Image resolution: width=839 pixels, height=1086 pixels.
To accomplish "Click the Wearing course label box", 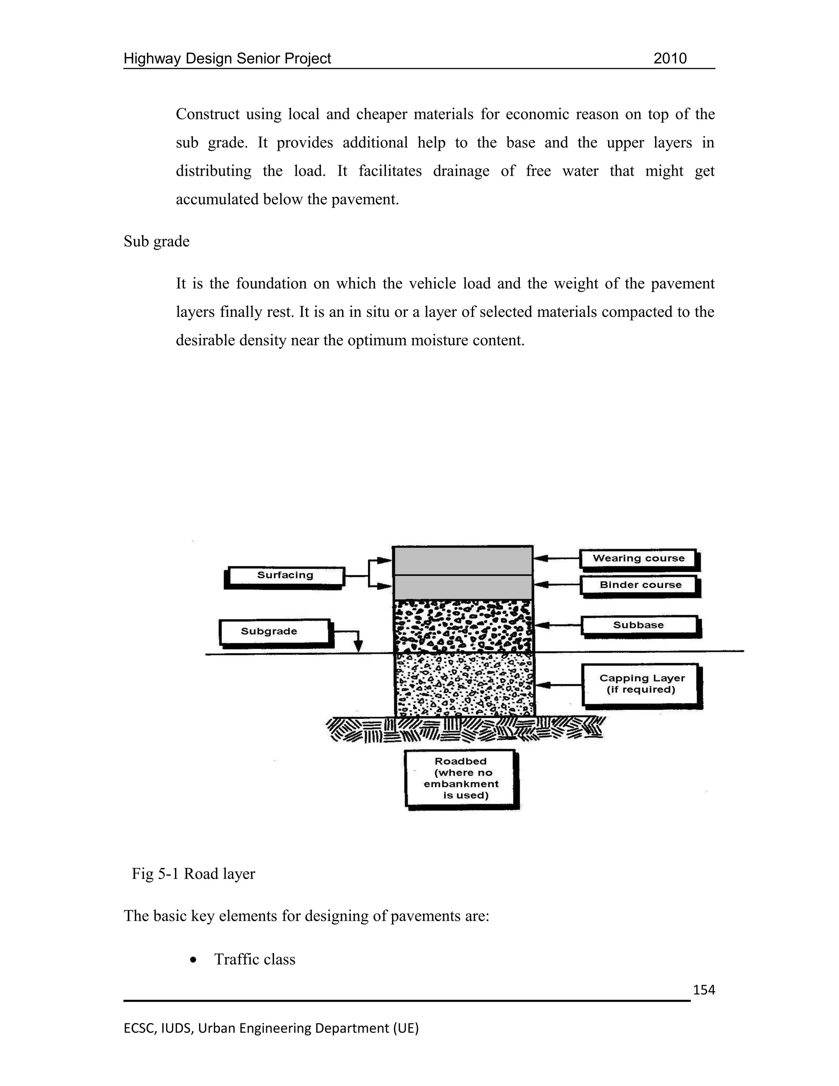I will pyautogui.click(x=638, y=559).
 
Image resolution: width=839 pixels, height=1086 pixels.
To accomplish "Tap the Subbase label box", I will pyautogui.click(x=639, y=625).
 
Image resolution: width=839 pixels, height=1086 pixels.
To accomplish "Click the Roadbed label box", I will pyautogui.click(x=461, y=778).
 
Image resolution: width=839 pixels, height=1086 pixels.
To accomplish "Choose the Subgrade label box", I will pyautogui.click(x=274, y=632).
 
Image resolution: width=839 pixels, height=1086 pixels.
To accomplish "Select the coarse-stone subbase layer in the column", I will pyautogui.click(x=462, y=625).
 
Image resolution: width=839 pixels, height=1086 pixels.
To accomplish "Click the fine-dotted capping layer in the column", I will pyautogui.click(x=464, y=684).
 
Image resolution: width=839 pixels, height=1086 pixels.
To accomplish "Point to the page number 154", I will pyautogui.click(x=704, y=990).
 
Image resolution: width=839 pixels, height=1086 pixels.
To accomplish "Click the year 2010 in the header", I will pyautogui.click(x=669, y=59).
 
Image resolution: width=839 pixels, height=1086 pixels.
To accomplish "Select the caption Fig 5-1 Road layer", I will pyautogui.click(x=193, y=874).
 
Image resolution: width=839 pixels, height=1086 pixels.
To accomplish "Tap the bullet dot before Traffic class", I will pyautogui.click(x=194, y=960).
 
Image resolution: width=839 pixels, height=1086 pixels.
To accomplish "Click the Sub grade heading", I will pyautogui.click(x=156, y=242).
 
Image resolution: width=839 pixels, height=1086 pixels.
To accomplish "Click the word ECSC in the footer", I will pyautogui.click(x=139, y=1028).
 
